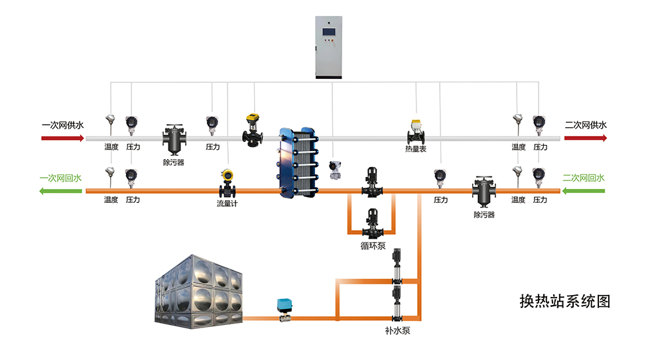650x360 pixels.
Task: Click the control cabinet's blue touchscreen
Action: pyautogui.click(x=328, y=32)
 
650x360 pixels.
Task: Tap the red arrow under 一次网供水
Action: pyautogui.click(x=62, y=138)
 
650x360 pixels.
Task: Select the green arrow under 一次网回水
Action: pyautogui.click(x=60, y=191)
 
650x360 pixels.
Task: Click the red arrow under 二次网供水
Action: pyautogui.click(x=585, y=138)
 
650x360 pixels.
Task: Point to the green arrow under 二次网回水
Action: pyautogui.click(x=583, y=191)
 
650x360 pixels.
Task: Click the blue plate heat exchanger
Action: pyautogui.click(x=298, y=162)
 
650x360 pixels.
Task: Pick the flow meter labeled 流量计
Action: pyautogui.click(x=227, y=184)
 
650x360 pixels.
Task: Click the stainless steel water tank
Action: pyautogui.click(x=198, y=292)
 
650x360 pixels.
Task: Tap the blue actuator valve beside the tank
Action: pyautogui.click(x=284, y=310)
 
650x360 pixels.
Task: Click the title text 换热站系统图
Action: pyautogui.click(x=565, y=301)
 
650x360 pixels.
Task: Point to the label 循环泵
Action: pyautogui.click(x=373, y=246)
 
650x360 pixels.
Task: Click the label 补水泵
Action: pyautogui.click(x=397, y=331)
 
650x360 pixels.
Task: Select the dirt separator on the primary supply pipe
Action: pyautogui.click(x=174, y=140)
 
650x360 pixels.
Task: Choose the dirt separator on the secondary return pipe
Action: pyautogui.click(x=484, y=192)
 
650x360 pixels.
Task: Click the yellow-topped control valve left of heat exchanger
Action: pyautogui.click(x=253, y=130)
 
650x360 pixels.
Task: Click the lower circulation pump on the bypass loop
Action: pyautogui.click(x=372, y=223)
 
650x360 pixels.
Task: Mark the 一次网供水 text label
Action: pyautogui.click(x=62, y=125)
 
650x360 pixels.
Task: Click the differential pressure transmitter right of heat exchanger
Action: pyautogui.click(x=335, y=170)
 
